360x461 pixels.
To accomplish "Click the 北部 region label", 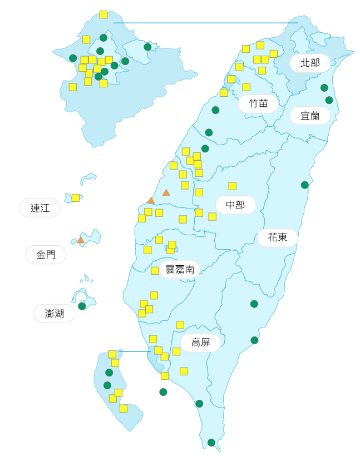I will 310,63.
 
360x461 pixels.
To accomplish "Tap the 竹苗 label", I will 258,103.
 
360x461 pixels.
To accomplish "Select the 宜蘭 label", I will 310,116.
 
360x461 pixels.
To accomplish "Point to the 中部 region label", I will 235,205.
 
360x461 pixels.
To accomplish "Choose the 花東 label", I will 277,237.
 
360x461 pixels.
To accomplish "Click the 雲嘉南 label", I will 180,270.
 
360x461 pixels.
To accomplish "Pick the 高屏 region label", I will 200,343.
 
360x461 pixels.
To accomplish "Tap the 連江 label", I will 40,209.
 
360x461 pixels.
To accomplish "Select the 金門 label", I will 46,255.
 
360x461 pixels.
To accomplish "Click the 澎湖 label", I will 55,314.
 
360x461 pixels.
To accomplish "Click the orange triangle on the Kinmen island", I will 81,240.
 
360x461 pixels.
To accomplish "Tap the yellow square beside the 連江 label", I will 76,197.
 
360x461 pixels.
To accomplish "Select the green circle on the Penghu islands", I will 82,306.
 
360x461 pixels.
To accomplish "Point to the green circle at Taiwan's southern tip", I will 211,443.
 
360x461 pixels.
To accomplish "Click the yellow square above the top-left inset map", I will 103,14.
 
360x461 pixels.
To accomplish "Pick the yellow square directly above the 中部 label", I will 232,186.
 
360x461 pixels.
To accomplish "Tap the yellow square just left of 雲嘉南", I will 155,270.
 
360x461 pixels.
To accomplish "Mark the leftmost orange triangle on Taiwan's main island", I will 151,200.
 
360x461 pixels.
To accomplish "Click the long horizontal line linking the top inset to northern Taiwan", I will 206,23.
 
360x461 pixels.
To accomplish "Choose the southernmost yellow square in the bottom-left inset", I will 124,408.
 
